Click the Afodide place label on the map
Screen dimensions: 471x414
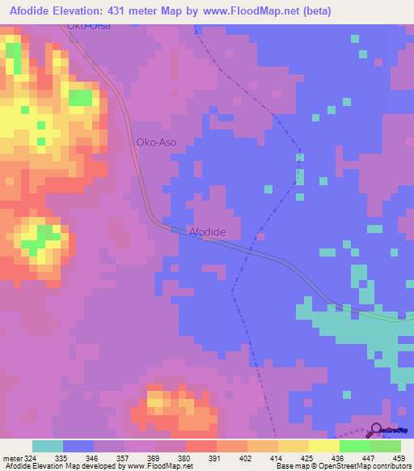point(207,232)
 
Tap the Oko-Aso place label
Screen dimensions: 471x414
point(156,142)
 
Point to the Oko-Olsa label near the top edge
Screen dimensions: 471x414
point(89,27)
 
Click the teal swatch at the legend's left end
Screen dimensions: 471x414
point(47,446)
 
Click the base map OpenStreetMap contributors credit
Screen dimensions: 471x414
point(342,465)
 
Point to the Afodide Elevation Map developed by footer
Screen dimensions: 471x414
point(97,465)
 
